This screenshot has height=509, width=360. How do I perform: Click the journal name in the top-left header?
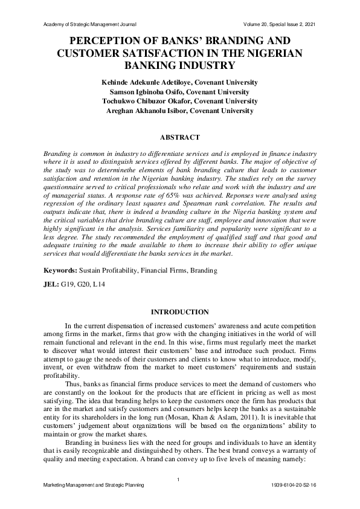tap(91, 24)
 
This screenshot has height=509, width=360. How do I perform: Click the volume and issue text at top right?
tap(278, 24)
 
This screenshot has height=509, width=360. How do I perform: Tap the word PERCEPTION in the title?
tap(108, 42)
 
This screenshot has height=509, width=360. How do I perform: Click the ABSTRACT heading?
tap(179, 137)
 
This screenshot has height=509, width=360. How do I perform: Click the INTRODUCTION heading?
tap(179, 312)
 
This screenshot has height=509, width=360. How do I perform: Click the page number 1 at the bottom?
tap(179, 480)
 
